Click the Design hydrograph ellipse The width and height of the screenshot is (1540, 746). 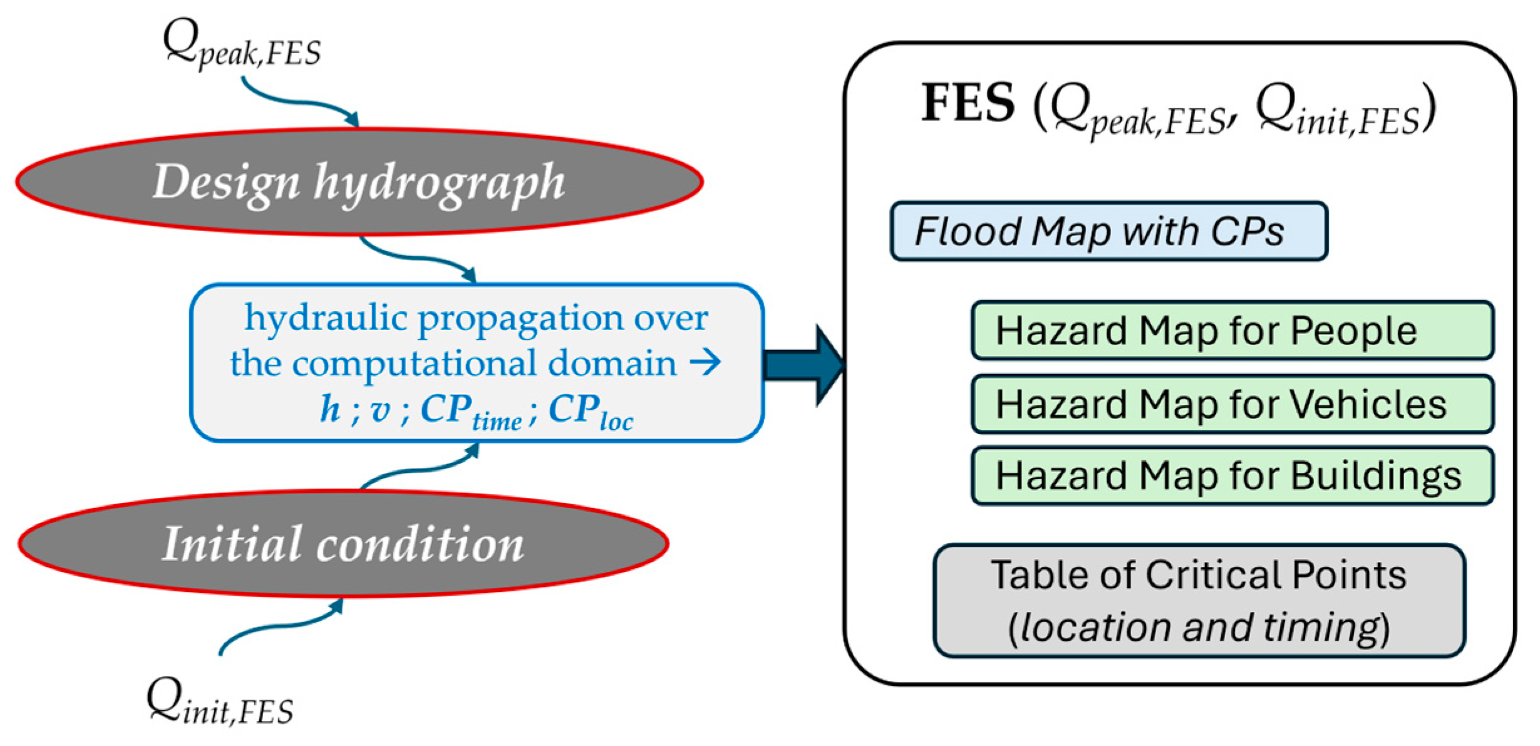click(359, 182)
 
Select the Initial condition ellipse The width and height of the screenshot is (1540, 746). click(343, 544)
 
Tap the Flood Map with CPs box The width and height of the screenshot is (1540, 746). click(1108, 231)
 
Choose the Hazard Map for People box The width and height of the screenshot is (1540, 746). click(1232, 331)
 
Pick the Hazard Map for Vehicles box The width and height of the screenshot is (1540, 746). click(1232, 404)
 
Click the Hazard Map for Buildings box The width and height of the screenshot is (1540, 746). click(1232, 476)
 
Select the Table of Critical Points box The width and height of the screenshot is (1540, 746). click(1199, 601)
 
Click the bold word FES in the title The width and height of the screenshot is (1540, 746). click(968, 103)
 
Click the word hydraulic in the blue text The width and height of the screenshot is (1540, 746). click(326, 318)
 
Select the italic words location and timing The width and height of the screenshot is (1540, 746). click(1199, 628)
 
